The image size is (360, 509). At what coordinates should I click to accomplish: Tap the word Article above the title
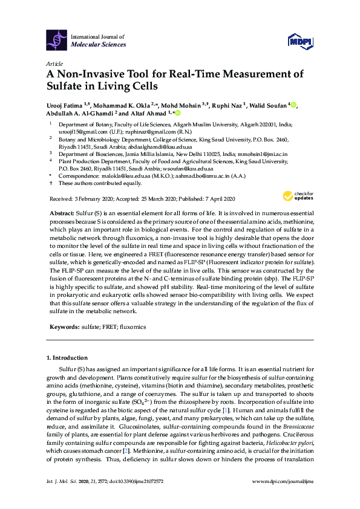click(54, 63)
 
